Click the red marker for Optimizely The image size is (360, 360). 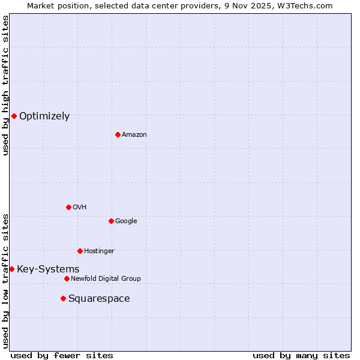pos(14,116)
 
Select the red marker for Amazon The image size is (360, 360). pos(118,134)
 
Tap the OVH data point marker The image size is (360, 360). pos(68,207)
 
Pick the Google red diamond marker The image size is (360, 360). pos(111,221)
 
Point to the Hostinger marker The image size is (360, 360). pos(80,251)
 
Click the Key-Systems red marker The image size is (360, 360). pos(11,269)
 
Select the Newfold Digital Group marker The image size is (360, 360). pos(67,278)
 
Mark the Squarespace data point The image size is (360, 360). pos(63,298)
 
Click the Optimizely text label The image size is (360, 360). pos(44,116)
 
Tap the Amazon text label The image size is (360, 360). pos(134,134)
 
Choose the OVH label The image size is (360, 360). pos(80,207)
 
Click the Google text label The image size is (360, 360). pos(126,221)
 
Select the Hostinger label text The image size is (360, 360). pos(99,251)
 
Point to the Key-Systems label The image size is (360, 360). pos(48,269)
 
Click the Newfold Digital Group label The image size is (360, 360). pos(106,278)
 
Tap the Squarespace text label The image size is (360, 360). pos(99,298)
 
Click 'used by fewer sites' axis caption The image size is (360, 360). pos(62,355)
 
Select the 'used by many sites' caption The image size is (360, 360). pos(301,355)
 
